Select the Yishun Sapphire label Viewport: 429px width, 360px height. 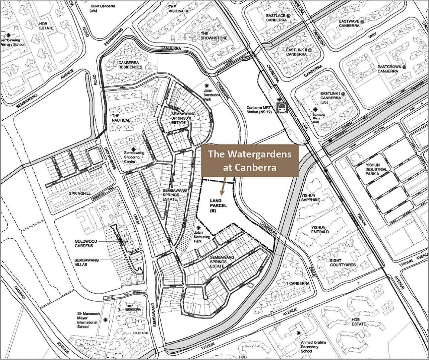click(x=310, y=197)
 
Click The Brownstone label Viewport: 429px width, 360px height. click(x=214, y=36)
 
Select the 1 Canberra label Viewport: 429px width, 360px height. click(x=298, y=284)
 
